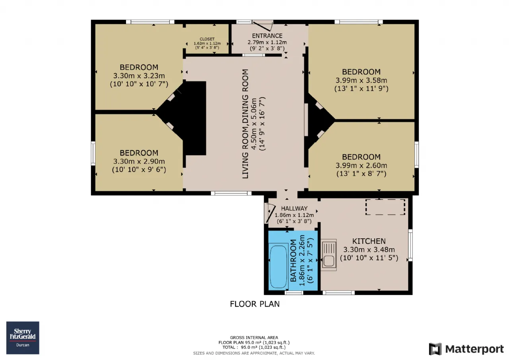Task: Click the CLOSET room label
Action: pyautogui.click(x=207, y=39)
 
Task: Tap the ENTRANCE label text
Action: pyautogui.click(x=267, y=36)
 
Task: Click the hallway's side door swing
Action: pyautogui.click(x=270, y=213)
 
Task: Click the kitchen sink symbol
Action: pyautogui.click(x=328, y=255)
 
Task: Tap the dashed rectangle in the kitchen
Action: pyautogui.click(x=385, y=207)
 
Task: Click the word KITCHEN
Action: pyautogui.click(x=369, y=241)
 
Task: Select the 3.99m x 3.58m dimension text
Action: pyautogui.click(x=361, y=80)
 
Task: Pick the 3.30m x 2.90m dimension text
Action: pyautogui.click(x=139, y=162)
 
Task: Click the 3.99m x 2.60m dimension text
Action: pyautogui.click(x=361, y=165)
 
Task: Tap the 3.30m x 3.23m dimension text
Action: pyautogui.click(x=139, y=76)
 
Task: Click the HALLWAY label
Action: pyautogui.click(x=294, y=208)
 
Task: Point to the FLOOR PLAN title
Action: pyautogui.click(x=255, y=304)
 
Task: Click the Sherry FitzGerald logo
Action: pyautogui.click(x=23, y=338)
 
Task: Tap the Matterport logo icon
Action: pyautogui.click(x=435, y=349)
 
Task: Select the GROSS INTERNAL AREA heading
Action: pyautogui.click(x=254, y=337)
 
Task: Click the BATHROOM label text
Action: pyautogui.click(x=293, y=261)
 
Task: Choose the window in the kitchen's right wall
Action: pyautogui.click(x=410, y=245)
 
